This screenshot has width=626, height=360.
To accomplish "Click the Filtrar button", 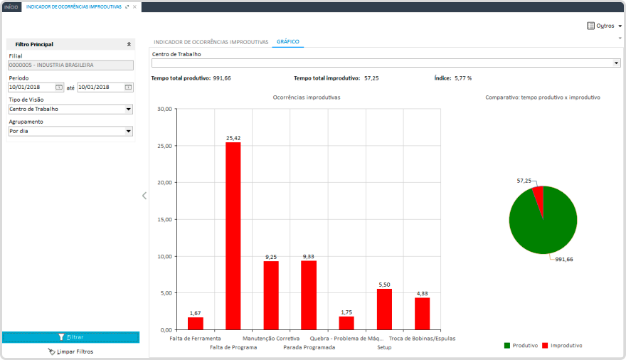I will click(70, 337).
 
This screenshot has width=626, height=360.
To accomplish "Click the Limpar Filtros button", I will click(70, 351).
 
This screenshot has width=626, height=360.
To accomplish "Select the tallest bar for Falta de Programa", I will click(233, 235).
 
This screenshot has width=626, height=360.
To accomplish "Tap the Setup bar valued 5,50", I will click(384, 309).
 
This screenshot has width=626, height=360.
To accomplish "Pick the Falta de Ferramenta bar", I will click(196, 323).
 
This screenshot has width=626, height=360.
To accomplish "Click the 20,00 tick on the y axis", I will click(164, 183).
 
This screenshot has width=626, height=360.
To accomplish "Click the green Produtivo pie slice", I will click(543, 228).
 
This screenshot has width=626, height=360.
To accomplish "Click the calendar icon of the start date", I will click(59, 88).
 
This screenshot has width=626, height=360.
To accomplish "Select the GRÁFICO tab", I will click(287, 42).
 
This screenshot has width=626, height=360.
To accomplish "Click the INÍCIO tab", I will click(11, 6).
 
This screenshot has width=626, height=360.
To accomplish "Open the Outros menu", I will click(604, 26).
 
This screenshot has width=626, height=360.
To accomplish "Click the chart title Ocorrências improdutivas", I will click(307, 97).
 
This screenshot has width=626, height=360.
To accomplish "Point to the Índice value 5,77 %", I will click(463, 78).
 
